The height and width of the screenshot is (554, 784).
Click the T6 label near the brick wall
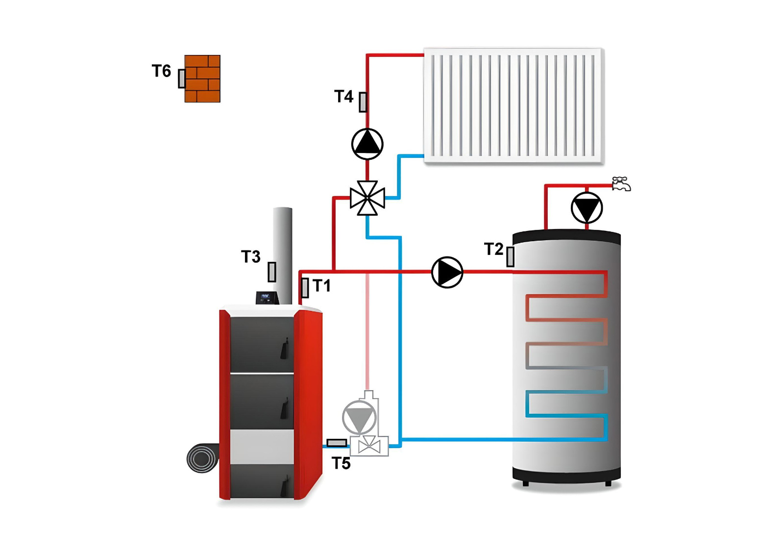pyautogui.click(x=161, y=71)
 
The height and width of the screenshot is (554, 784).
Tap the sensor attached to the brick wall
pyautogui.click(x=181, y=78)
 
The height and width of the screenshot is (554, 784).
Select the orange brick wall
pyautogui.click(x=202, y=79)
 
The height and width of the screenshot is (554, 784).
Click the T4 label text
pyautogui.click(x=343, y=96)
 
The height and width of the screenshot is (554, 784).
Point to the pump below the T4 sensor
pyautogui.click(x=367, y=144)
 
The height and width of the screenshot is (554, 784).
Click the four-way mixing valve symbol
pyautogui.click(x=367, y=198)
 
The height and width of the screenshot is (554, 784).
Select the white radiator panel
pyautogui.click(x=514, y=106)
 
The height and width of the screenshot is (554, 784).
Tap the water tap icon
pyautogui.click(x=621, y=184)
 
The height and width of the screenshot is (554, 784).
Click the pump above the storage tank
pyautogui.click(x=587, y=208)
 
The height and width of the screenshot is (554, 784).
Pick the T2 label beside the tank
pyautogui.click(x=494, y=249)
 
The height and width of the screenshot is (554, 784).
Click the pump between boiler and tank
pyautogui.click(x=447, y=272)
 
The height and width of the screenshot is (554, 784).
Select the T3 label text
pyautogui.click(x=250, y=257)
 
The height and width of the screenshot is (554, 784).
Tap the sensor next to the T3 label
pyautogui.click(x=271, y=272)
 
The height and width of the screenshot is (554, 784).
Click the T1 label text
pyautogui.click(x=322, y=286)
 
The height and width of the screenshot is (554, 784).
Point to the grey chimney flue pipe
pyautogui.click(x=282, y=255)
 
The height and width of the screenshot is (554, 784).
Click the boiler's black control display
pyautogui.click(x=267, y=298)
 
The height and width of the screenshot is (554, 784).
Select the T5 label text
pyautogui.click(x=341, y=463)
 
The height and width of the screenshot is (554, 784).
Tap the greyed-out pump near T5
pyautogui.click(x=359, y=417)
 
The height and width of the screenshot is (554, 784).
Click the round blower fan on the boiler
pyautogui.click(x=203, y=458)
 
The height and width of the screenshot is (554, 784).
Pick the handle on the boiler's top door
pyautogui.click(x=285, y=349)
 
